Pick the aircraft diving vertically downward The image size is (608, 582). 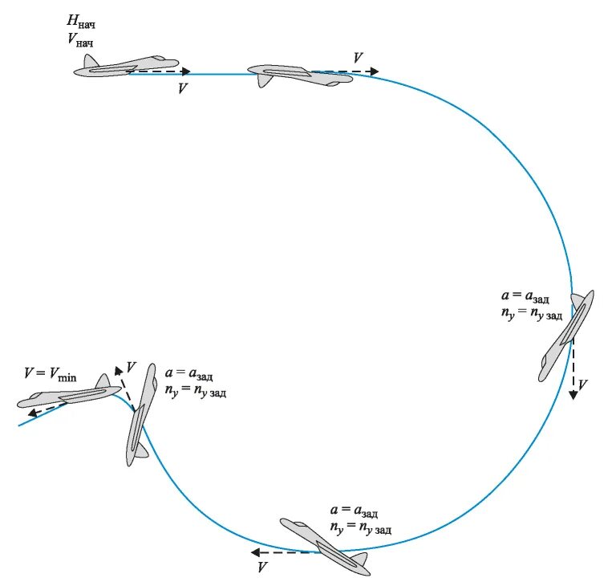[x=565, y=333]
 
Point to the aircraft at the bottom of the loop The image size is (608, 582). [x=325, y=544]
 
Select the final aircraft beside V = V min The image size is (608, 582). [x=68, y=396]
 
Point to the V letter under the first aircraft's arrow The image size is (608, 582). [x=183, y=88]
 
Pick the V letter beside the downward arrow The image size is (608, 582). [x=583, y=385]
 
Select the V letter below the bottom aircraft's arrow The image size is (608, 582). [x=261, y=568]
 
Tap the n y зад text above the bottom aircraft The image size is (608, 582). [x=360, y=527]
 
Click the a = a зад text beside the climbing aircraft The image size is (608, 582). [x=190, y=375]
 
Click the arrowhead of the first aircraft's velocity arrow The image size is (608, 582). [x=185, y=71]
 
